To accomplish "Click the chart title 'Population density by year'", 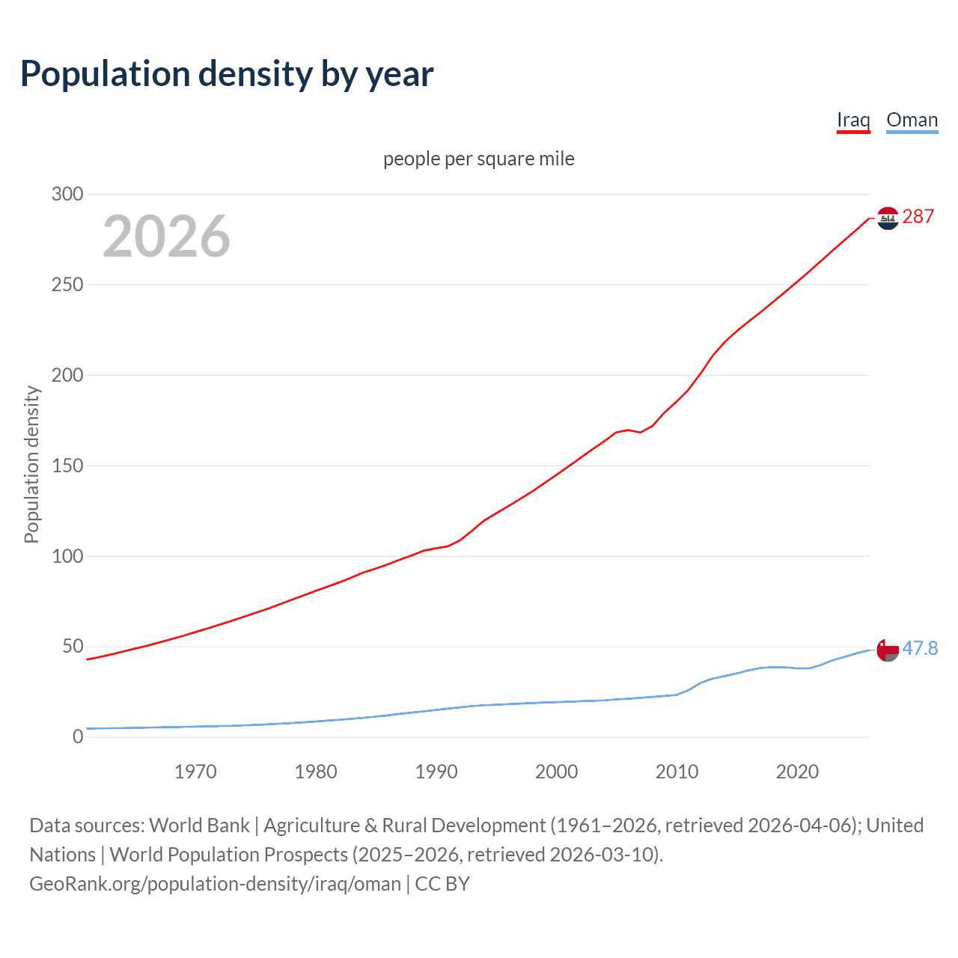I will (x=227, y=74).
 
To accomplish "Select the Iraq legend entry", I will (x=853, y=120).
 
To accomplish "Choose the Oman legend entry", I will (x=912, y=120).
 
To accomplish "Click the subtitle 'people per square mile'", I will (x=478, y=159).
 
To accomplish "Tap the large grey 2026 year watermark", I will (x=166, y=237).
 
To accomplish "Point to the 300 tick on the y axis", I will (x=67, y=194).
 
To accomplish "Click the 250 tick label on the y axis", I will (x=67, y=284).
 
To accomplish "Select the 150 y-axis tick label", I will (x=67, y=466).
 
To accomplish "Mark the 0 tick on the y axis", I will (x=78, y=736).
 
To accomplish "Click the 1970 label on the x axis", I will (x=195, y=772).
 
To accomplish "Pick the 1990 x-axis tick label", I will (x=436, y=772).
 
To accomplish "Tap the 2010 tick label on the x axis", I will (x=677, y=772).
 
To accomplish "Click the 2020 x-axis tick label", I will (x=797, y=772).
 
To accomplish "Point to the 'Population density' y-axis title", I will (x=31, y=464).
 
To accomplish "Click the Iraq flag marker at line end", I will (x=888, y=218).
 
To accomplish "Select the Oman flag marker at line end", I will (x=888, y=650).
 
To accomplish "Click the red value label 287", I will (x=918, y=217).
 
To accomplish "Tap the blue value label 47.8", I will (x=920, y=648).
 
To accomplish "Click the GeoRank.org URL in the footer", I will (x=215, y=884).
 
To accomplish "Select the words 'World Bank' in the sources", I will (x=199, y=826).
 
